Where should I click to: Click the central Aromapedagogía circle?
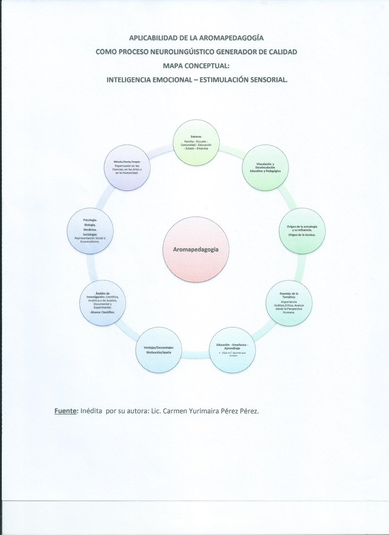pos(196,250)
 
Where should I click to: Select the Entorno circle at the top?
pos(196,142)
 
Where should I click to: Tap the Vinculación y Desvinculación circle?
pos(265,168)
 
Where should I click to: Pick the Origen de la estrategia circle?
pos(302,230)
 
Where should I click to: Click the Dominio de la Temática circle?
pos(289,303)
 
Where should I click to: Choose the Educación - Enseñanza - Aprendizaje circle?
pos(232,350)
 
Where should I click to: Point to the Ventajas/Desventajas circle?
pos(159,350)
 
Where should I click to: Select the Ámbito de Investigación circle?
pos(102,303)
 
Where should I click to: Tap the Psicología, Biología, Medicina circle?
pos(90,230)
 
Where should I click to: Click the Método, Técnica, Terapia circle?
pos(127,168)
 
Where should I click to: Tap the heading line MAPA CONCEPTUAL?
pos(197,66)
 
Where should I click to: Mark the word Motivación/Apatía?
pos(159,352)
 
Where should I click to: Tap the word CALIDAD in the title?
pos(282,52)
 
